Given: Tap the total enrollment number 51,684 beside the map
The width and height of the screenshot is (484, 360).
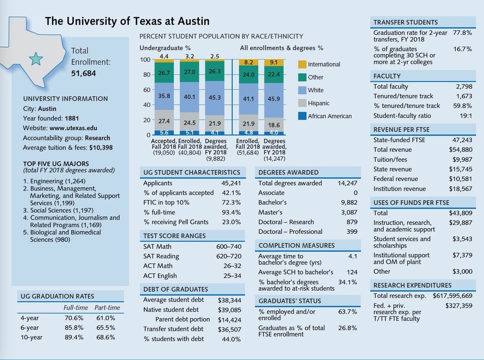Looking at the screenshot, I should tap(83, 74).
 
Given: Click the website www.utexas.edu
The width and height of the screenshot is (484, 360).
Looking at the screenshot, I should tap(76, 128).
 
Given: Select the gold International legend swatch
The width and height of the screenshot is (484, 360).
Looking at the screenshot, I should tap(302, 64).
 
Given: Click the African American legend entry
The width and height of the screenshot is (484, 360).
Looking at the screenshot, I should tap(329, 116).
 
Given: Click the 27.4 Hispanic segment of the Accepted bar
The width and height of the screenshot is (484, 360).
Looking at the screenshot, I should tap(164, 120).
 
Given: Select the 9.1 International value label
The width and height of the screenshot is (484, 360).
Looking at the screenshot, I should tap(273, 62).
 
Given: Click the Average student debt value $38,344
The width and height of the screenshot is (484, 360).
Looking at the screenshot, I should tap(229, 300).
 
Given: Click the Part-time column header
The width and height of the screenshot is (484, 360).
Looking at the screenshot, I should tap(106, 308).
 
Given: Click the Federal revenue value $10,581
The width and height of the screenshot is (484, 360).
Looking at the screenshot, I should tap(460, 179).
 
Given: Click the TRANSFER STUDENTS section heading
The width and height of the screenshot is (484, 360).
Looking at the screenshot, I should tap(406, 22).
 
